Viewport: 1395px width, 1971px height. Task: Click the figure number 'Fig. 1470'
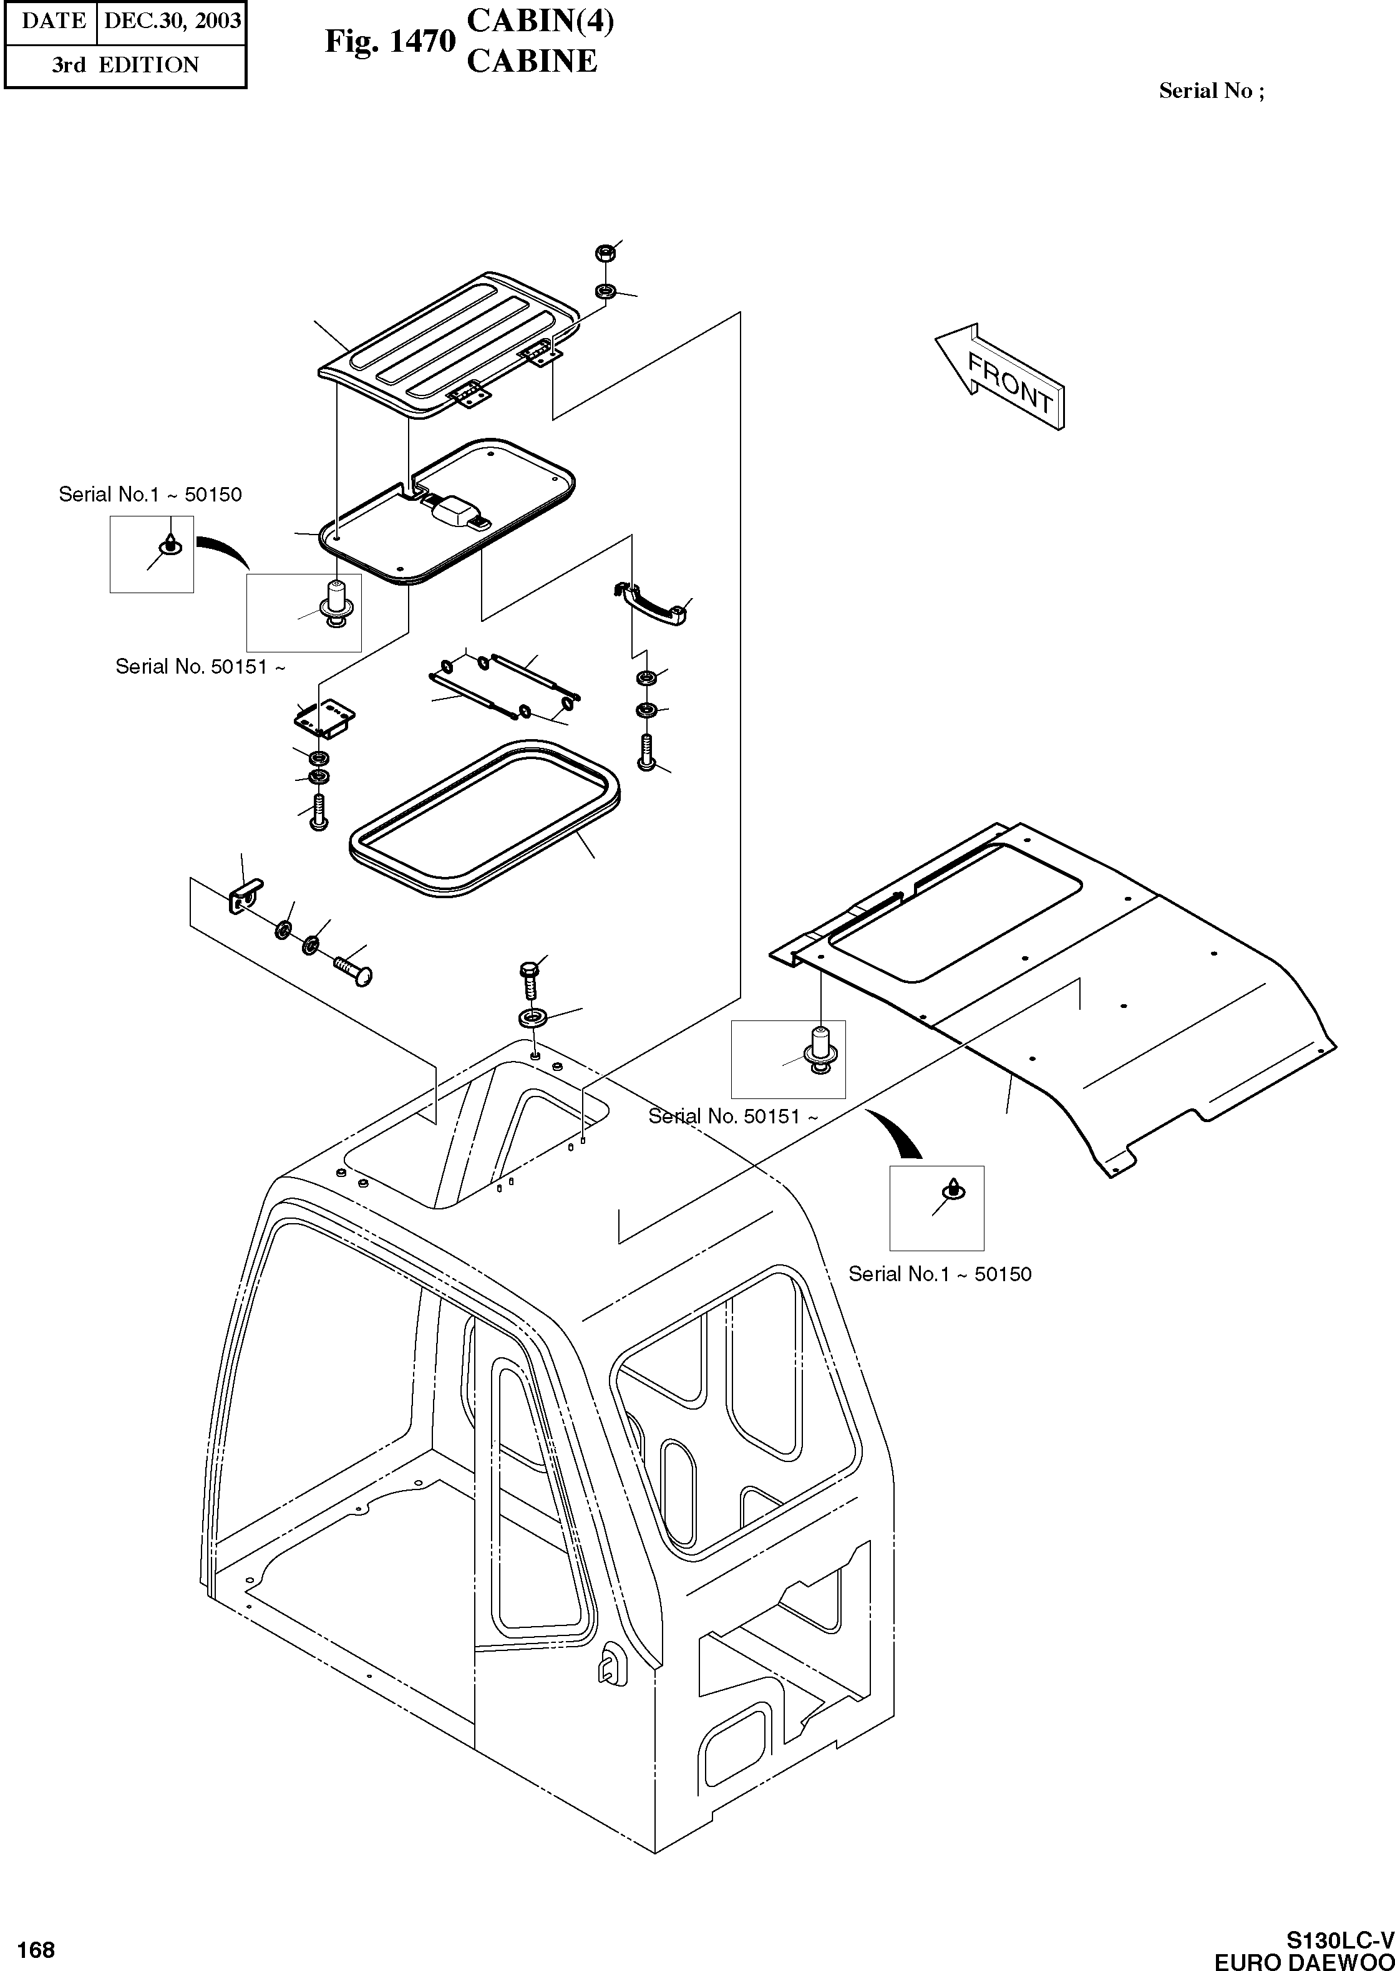[x=389, y=41]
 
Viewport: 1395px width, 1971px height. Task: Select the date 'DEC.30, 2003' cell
[x=172, y=21]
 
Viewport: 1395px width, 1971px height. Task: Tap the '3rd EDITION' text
[x=125, y=65]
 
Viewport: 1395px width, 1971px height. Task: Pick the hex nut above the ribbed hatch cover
[x=603, y=253]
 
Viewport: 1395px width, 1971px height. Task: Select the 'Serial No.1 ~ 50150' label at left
[x=150, y=495]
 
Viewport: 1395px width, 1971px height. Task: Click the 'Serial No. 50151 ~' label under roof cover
[x=732, y=1116]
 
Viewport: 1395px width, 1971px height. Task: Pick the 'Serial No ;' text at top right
[x=1211, y=91]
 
